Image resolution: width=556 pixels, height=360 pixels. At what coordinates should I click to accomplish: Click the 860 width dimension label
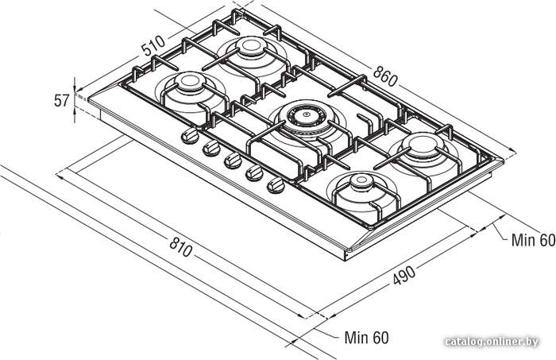(385, 76)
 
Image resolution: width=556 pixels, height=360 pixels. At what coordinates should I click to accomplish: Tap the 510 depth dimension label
(153, 45)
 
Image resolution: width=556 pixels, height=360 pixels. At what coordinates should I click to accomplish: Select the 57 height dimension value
(61, 101)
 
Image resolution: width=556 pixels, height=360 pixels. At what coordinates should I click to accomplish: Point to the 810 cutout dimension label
(181, 246)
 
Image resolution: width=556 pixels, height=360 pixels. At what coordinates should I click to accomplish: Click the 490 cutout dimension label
(403, 275)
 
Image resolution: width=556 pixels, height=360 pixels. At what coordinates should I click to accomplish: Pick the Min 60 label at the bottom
(366, 337)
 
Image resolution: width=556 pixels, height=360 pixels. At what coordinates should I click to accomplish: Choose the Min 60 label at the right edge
(533, 240)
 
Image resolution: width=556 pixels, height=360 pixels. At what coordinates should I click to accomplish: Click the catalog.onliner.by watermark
(492, 342)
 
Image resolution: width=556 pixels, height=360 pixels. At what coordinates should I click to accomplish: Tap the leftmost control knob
(191, 136)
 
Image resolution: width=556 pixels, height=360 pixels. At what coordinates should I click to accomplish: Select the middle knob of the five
(233, 161)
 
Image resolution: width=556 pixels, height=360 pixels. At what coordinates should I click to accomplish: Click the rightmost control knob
(276, 185)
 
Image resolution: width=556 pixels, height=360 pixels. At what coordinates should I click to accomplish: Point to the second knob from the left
(212, 149)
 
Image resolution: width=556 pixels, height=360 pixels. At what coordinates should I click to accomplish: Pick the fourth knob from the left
(255, 172)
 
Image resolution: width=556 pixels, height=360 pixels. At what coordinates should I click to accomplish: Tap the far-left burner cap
(190, 81)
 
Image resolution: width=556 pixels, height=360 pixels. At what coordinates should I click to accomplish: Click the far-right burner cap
(423, 142)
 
